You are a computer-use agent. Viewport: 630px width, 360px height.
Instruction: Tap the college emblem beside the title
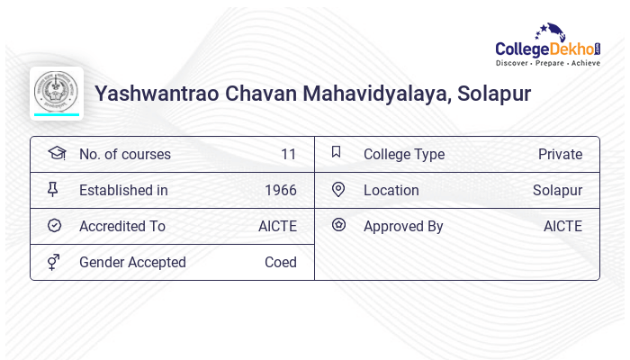pyautogui.click(x=57, y=92)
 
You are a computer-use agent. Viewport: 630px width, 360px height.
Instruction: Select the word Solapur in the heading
pyautogui.click(x=494, y=93)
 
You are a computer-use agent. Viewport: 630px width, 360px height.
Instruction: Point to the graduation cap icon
pyautogui.click(x=56, y=153)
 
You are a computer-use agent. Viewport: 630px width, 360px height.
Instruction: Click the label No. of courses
pyautogui.click(x=124, y=154)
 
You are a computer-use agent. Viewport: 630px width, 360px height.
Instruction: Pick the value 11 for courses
pyautogui.click(x=288, y=154)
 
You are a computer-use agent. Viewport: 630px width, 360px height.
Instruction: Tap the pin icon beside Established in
pyautogui.click(x=54, y=190)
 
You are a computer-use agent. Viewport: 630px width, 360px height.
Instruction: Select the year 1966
pyautogui.click(x=281, y=190)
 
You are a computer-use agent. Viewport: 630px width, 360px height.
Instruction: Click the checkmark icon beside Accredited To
pyautogui.click(x=54, y=226)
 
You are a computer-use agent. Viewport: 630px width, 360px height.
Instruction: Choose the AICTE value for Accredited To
pyautogui.click(x=277, y=226)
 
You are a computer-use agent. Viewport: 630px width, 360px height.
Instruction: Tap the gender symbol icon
pyautogui.click(x=54, y=262)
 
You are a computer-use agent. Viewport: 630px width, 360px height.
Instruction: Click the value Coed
pyautogui.click(x=281, y=262)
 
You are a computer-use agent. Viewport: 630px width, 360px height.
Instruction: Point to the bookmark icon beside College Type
pyautogui.click(x=337, y=153)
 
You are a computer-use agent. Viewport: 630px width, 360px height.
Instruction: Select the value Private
pyautogui.click(x=560, y=154)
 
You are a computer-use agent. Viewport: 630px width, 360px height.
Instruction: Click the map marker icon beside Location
pyautogui.click(x=338, y=190)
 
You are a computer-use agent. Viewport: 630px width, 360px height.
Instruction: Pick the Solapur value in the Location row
pyautogui.click(x=557, y=190)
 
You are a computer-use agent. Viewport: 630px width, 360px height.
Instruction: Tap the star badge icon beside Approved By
pyautogui.click(x=338, y=225)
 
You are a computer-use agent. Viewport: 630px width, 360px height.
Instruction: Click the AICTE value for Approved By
pyautogui.click(x=562, y=226)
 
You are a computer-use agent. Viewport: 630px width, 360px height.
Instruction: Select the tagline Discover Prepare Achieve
pyautogui.click(x=547, y=64)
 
